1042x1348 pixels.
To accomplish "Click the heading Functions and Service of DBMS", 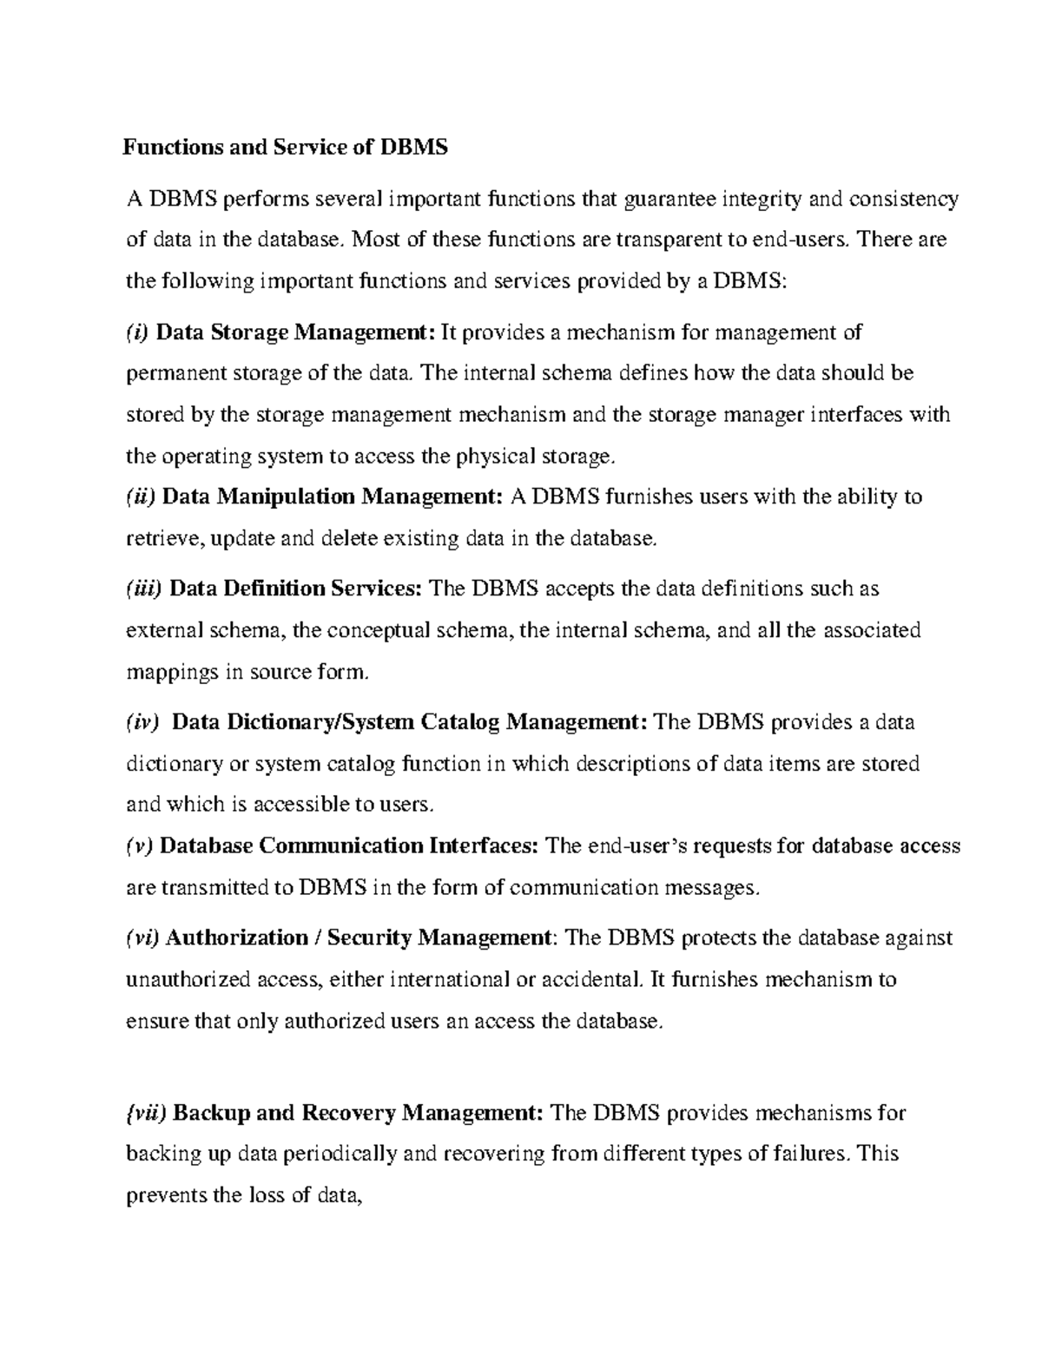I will click(285, 148).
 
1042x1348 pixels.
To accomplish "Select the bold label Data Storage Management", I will click(295, 332).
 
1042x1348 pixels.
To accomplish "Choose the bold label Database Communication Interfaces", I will click(350, 845).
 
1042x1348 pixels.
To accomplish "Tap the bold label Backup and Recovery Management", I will click(360, 1113).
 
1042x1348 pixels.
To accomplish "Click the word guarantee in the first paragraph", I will click(666, 201).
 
